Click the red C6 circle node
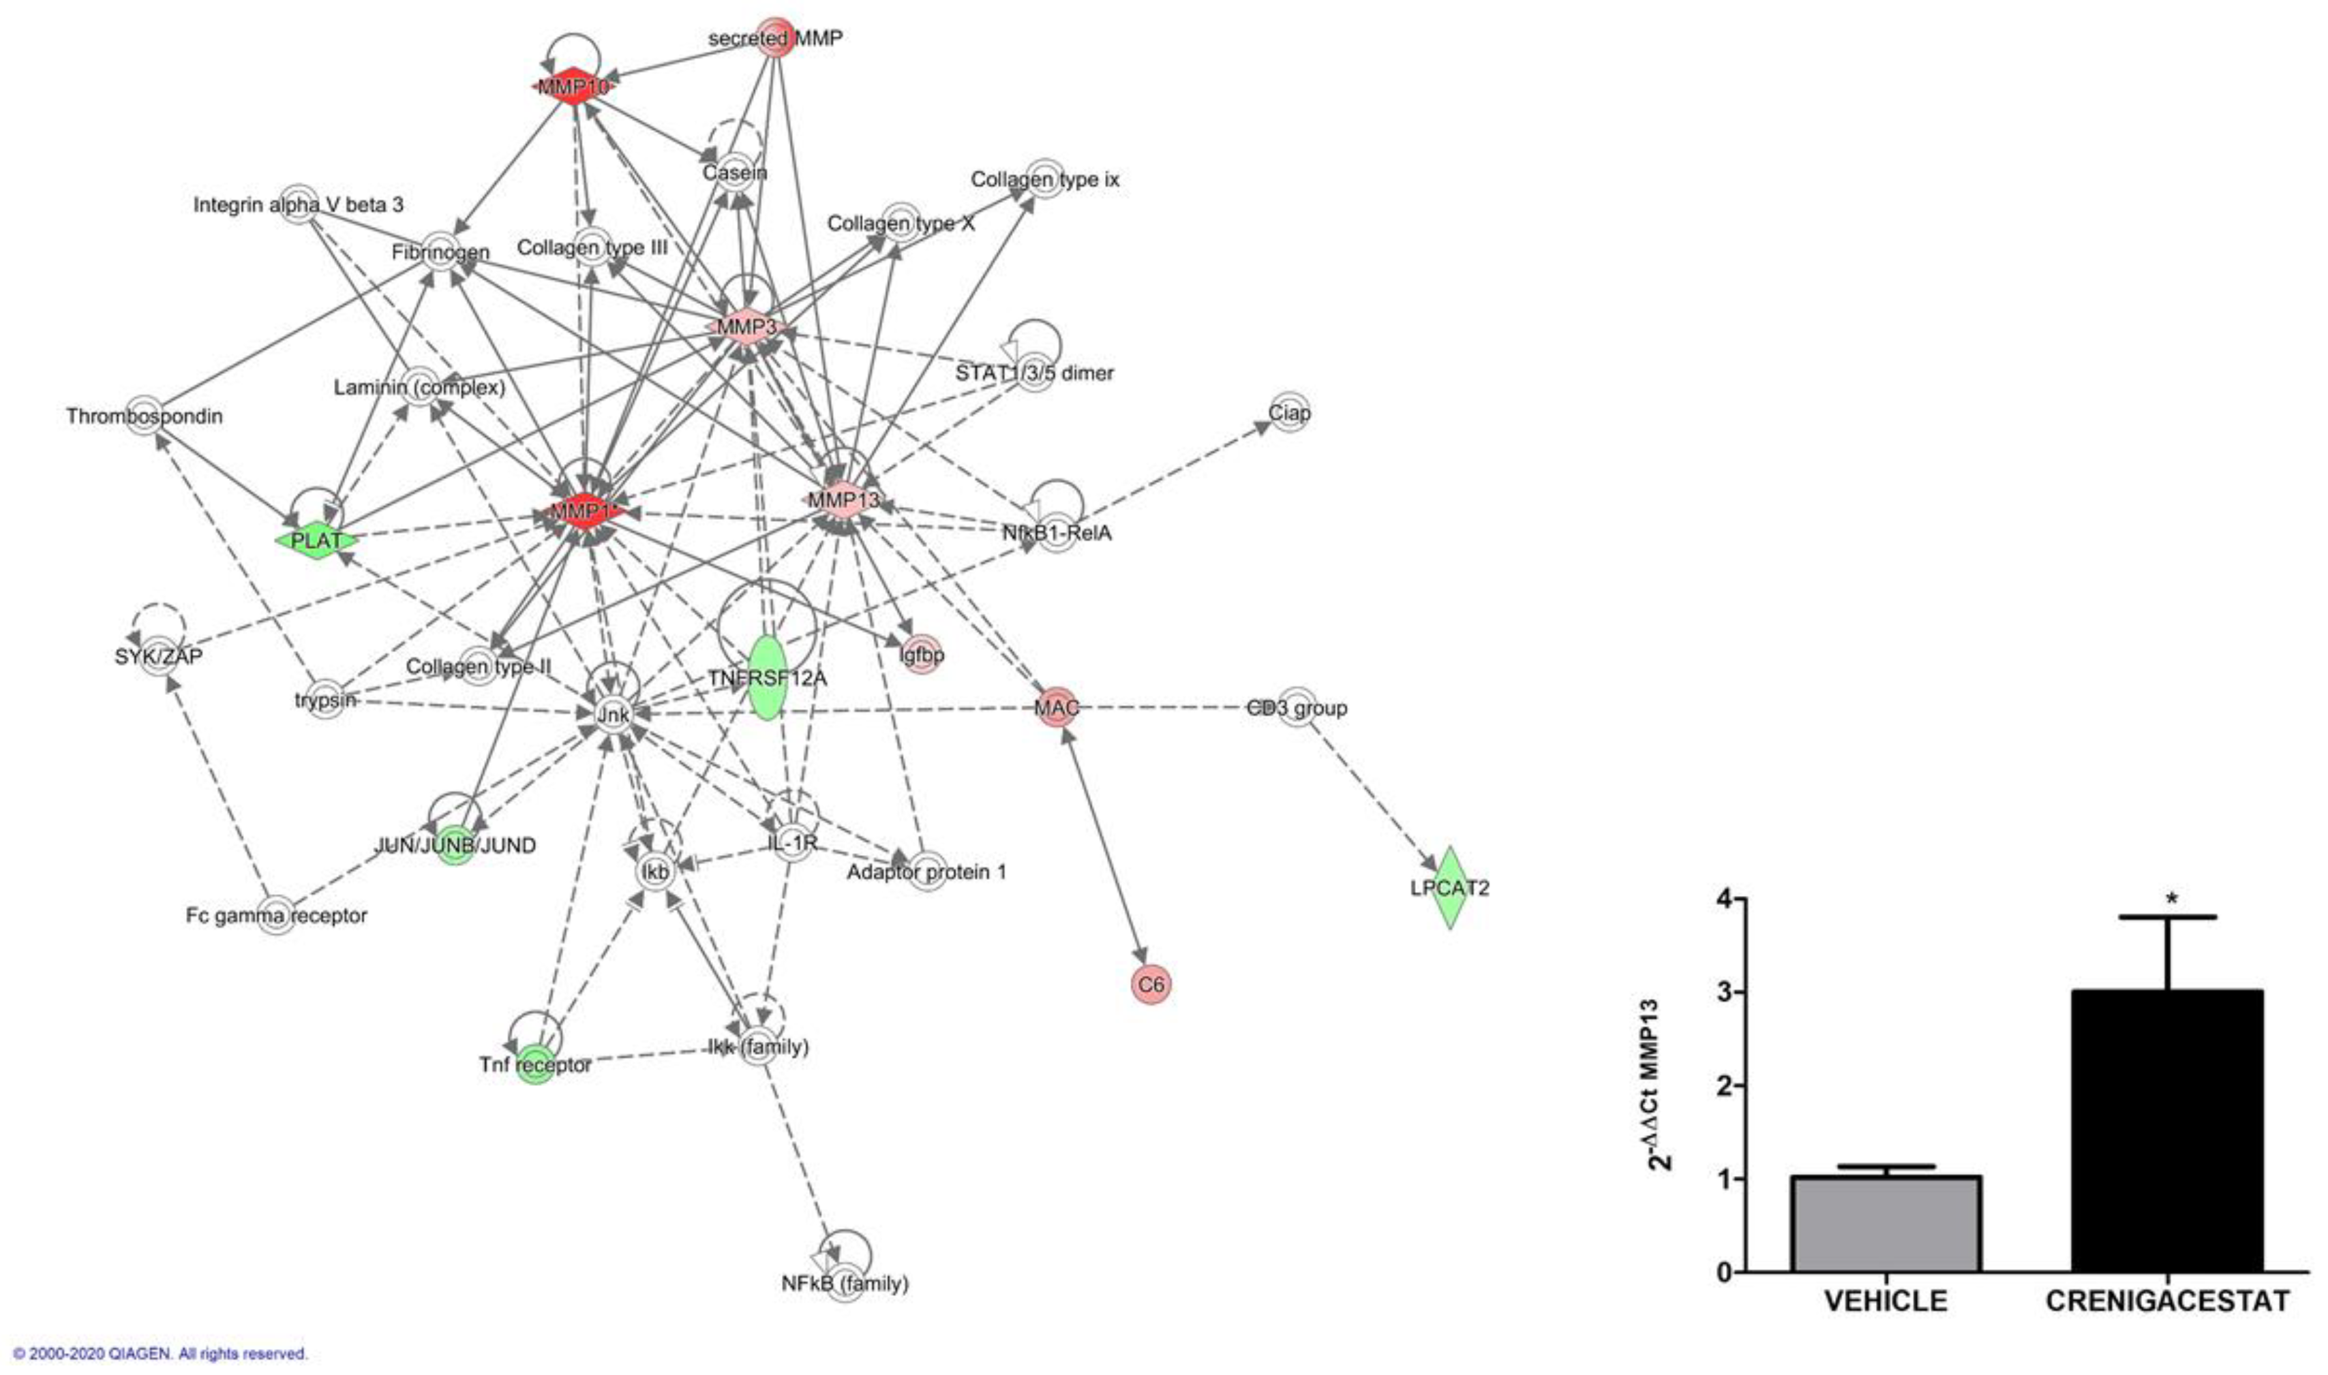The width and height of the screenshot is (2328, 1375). click(1151, 984)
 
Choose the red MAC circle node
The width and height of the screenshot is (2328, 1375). click(1057, 708)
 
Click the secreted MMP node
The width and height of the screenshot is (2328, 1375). click(775, 38)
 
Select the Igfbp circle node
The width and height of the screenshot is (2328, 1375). click(921, 655)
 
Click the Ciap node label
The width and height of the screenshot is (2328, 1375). click(1289, 412)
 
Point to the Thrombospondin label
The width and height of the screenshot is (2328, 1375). click(144, 416)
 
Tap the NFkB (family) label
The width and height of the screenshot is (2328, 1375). click(844, 1283)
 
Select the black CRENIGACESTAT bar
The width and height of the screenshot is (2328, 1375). click(2168, 1131)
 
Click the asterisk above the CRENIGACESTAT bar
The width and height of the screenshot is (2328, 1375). click(2171, 899)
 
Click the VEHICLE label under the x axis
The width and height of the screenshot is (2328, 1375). click(1886, 1301)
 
